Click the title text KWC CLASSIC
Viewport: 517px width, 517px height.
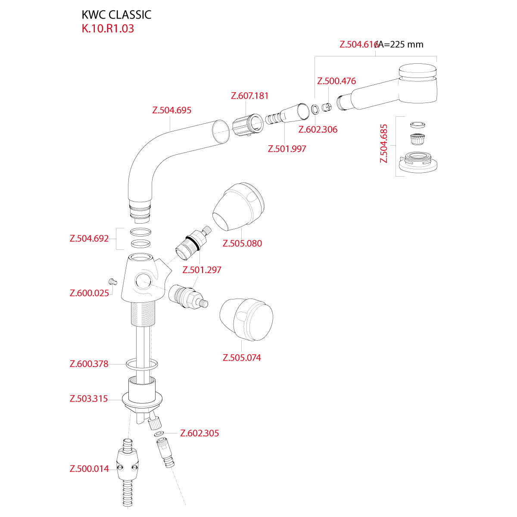[116, 15]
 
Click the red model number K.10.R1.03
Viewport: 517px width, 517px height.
[108, 29]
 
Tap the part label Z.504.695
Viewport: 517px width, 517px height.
[171, 110]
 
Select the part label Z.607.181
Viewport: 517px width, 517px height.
[250, 96]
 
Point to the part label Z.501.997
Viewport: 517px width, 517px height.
[287, 149]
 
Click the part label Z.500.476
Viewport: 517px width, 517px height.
[336, 81]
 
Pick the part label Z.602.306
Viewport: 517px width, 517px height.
[318, 130]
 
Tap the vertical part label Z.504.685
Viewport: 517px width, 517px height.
[384, 143]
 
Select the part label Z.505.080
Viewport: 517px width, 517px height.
[242, 243]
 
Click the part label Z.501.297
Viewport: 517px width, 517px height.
[202, 270]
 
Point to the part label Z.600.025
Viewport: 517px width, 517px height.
[89, 293]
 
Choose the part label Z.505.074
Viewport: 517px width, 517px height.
[242, 358]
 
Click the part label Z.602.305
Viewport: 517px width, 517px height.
[199, 433]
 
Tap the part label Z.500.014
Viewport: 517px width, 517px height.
[89, 469]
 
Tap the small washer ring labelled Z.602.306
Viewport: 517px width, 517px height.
[315, 109]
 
